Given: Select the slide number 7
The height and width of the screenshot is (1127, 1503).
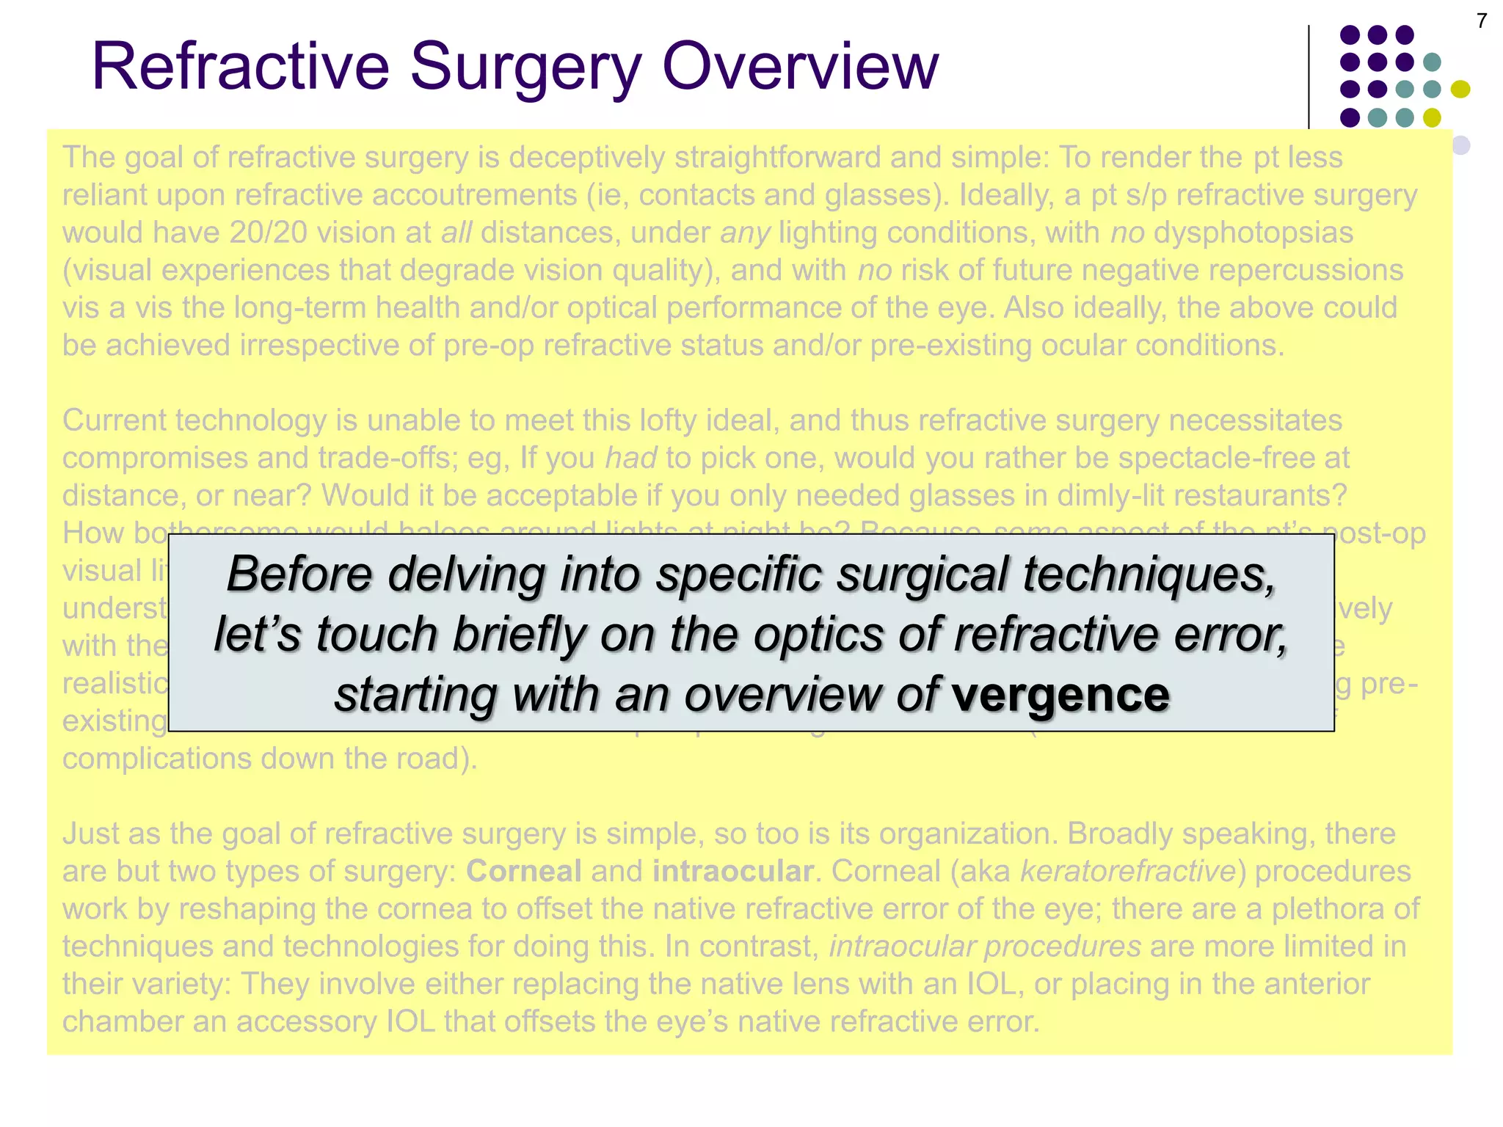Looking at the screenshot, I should (1482, 21).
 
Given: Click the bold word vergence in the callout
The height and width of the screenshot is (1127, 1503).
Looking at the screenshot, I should (1060, 694).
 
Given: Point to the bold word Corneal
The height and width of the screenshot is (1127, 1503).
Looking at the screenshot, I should (524, 871).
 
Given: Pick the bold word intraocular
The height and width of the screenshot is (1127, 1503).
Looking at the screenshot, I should (732, 871).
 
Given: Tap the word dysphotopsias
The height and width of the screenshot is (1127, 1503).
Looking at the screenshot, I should (1253, 233).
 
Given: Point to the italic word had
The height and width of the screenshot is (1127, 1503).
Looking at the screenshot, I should (630, 458).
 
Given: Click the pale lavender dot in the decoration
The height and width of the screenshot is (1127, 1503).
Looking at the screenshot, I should (1460, 145).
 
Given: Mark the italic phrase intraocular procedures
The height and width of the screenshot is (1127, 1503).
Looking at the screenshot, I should (985, 947).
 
